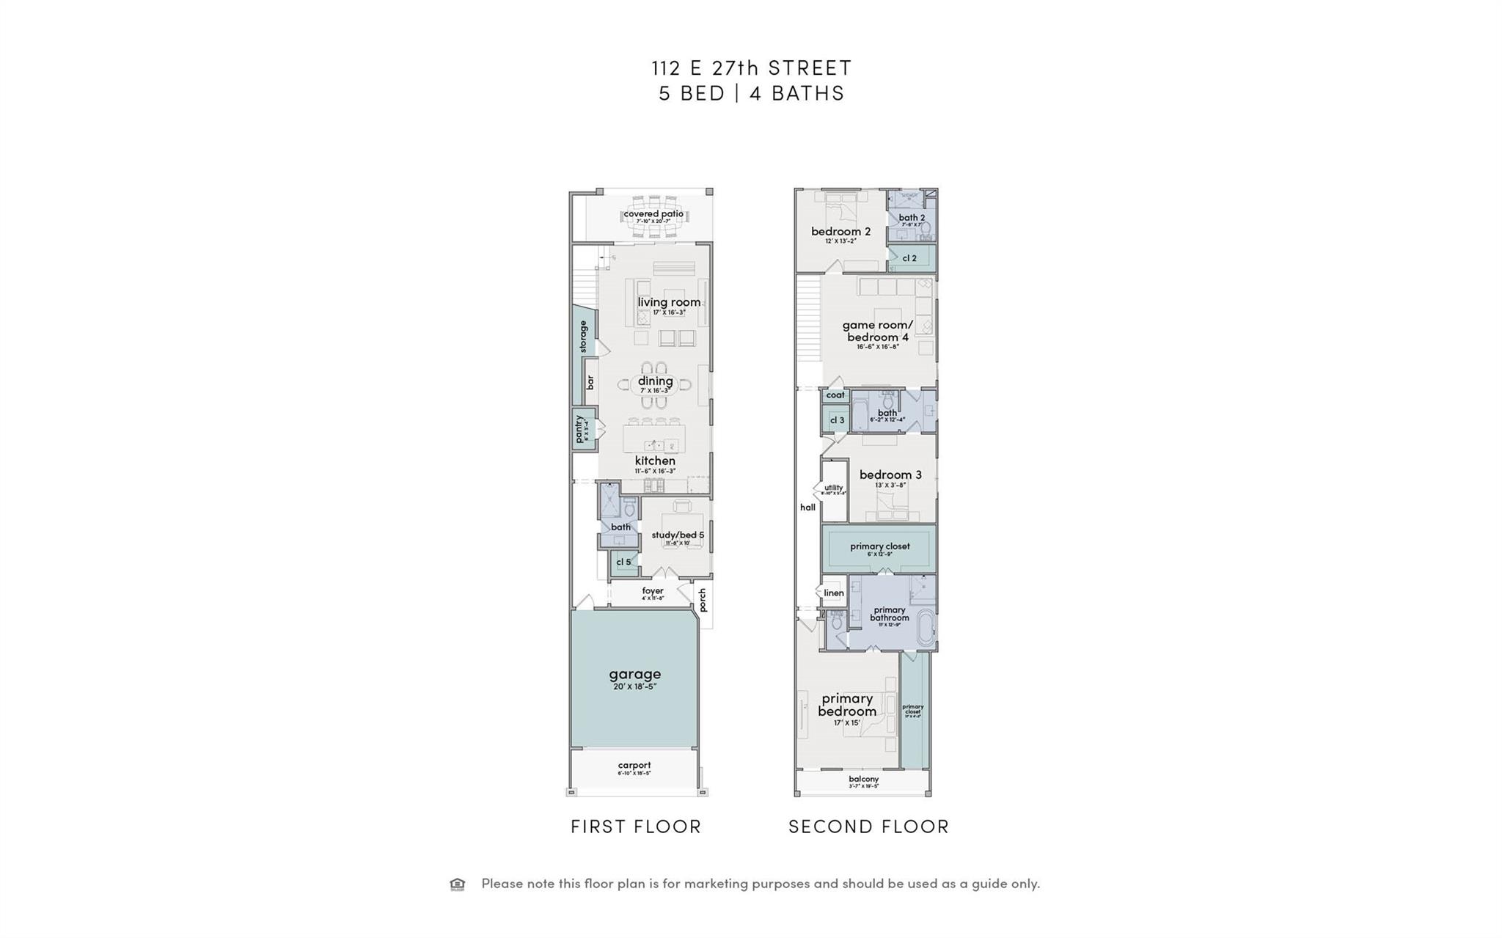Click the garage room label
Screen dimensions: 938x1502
pos(634,674)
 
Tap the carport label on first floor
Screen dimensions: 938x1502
pos(634,766)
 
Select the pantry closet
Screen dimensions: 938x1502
pos(582,429)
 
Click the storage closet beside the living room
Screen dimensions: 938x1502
pos(583,337)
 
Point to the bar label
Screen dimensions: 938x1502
pos(590,382)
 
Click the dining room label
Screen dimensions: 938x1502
pos(655,381)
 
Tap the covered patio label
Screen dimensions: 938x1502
pos(653,214)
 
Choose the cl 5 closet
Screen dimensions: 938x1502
pos(623,563)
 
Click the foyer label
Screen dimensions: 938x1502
pos(652,591)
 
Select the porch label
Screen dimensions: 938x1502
pos(703,600)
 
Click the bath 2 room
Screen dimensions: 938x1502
pos(912,218)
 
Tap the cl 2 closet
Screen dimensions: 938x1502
pos(909,258)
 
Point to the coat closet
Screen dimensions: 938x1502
pos(835,395)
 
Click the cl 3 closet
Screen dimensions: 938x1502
pos(837,420)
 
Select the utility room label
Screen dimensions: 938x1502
pos(834,488)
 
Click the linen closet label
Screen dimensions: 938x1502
pos(834,593)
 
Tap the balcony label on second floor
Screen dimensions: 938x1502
pos(863,780)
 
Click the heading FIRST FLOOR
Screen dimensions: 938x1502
pos(636,827)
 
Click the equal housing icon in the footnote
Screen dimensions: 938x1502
pos(458,884)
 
